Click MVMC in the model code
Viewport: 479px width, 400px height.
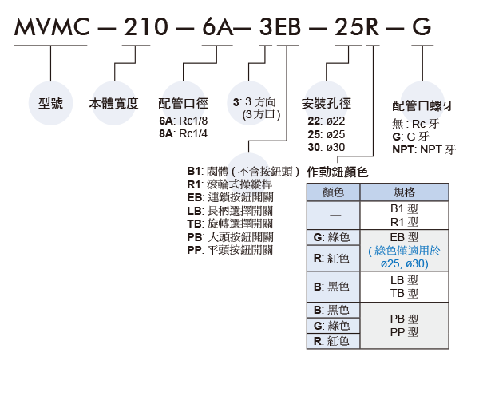point(52,26)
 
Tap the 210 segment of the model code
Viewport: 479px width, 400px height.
point(145,26)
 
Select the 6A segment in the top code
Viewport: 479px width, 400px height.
point(217,26)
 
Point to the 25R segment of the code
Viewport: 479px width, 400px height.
point(357,26)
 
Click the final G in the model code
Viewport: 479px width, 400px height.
point(422,26)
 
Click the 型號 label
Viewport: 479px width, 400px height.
point(51,103)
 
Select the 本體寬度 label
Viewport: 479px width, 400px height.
point(113,103)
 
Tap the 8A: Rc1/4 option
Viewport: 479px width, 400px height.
point(184,133)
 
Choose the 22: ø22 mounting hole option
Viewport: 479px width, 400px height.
point(327,121)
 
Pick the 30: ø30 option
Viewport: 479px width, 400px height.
point(327,147)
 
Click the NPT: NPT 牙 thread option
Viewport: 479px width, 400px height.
point(424,150)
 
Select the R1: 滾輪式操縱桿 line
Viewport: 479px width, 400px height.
point(230,184)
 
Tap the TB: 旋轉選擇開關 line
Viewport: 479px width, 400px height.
point(230,224)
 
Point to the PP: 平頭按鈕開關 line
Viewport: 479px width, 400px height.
point(230,250)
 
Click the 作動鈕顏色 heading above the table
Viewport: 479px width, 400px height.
point(337,172)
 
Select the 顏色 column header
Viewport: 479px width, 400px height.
point(333,192)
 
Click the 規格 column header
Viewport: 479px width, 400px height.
point(404,192)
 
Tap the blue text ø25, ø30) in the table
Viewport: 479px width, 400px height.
point(405,263)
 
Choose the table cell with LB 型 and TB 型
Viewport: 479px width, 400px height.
point(404,287)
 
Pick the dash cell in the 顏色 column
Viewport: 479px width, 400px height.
point(333,215)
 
